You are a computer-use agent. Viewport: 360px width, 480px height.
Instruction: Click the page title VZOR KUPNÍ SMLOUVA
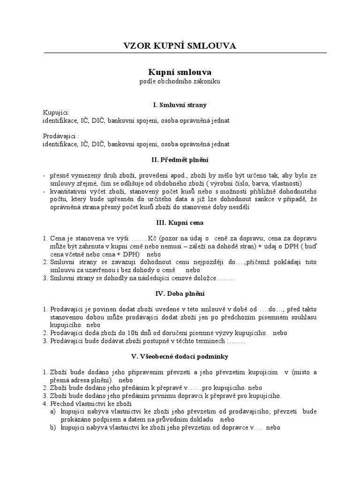180,45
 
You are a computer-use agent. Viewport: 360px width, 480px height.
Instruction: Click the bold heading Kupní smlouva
180,72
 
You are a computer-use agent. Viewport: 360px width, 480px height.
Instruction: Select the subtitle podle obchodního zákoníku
180,82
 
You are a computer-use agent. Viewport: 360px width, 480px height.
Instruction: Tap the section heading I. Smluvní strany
180,105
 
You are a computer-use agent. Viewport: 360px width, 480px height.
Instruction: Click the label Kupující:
56,113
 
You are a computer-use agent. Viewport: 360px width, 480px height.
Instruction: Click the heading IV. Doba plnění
180,294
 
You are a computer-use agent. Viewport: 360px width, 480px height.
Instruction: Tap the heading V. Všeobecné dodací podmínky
180,357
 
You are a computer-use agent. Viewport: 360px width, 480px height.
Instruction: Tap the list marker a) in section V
53,412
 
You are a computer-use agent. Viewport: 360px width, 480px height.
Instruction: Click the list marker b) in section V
53,427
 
